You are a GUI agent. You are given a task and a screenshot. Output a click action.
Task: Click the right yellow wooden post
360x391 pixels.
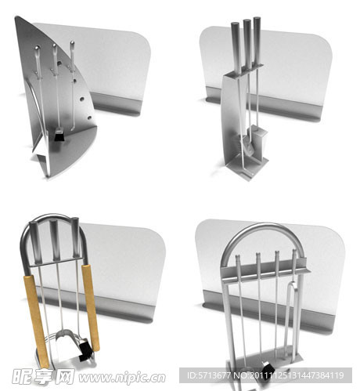click(x=91, y=308)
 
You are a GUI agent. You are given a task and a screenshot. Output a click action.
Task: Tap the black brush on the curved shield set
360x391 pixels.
click(x=59, y=136)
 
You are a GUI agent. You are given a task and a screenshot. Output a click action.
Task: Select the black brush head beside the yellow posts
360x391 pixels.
click(x=86, y=350)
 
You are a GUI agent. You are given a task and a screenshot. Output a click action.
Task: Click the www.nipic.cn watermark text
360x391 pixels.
click(x=122, y=378)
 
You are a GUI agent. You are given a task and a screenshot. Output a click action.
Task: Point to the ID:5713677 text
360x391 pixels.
click(x=209, y=375)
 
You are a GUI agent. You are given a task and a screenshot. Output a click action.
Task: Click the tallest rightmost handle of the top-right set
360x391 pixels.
click(x=257, y=41)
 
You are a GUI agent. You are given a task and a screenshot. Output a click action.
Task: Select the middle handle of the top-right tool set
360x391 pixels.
click(x=247, y=43)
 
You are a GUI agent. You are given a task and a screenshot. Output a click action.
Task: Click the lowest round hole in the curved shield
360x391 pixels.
click(x=89, y=118)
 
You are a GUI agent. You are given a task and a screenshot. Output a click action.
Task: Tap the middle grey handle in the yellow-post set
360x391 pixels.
click(x=56, y=240)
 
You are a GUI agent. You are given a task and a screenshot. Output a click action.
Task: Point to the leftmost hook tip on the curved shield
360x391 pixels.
click(x=38, y=48)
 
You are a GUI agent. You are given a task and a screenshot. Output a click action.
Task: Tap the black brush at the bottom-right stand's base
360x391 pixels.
click(x=268, y=367)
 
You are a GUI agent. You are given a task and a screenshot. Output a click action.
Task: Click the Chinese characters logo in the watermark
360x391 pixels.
click(x=43, y=376)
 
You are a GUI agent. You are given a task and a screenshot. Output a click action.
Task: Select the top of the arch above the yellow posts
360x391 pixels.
click(x=53, y=216)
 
